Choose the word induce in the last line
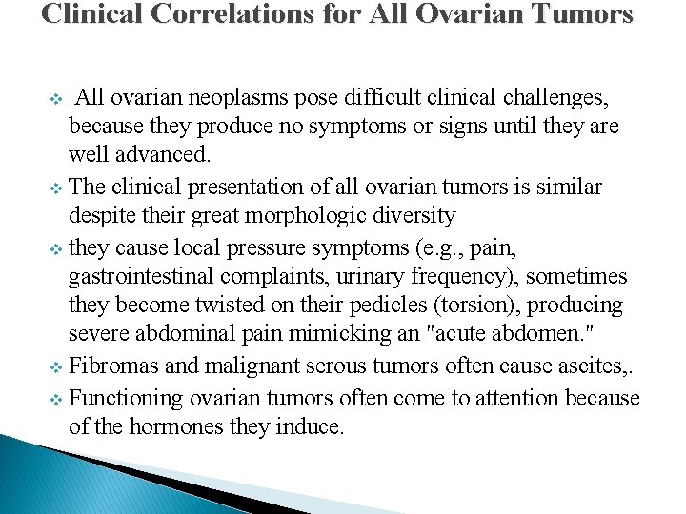pos(309,425)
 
